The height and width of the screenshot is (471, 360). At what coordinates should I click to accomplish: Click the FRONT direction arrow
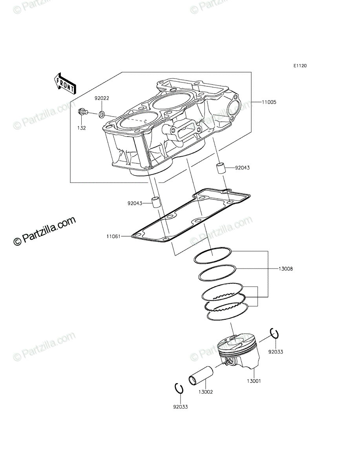(64, 84)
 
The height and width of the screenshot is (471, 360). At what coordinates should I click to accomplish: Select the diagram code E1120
(300, 66)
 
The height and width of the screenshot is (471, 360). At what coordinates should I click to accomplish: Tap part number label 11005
(269, 102)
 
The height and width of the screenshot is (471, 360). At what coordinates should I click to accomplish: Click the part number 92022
(102, 98)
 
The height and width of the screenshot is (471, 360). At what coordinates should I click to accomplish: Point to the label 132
(82, 128)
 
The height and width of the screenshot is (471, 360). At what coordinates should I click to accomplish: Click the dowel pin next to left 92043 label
(155, 202)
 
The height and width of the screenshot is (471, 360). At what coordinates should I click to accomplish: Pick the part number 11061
(113, 236)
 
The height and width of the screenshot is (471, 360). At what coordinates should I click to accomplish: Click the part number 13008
(285, 268)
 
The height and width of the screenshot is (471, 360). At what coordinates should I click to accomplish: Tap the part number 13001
(254, 381)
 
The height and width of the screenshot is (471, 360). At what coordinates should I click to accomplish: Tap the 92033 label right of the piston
(276, 352)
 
